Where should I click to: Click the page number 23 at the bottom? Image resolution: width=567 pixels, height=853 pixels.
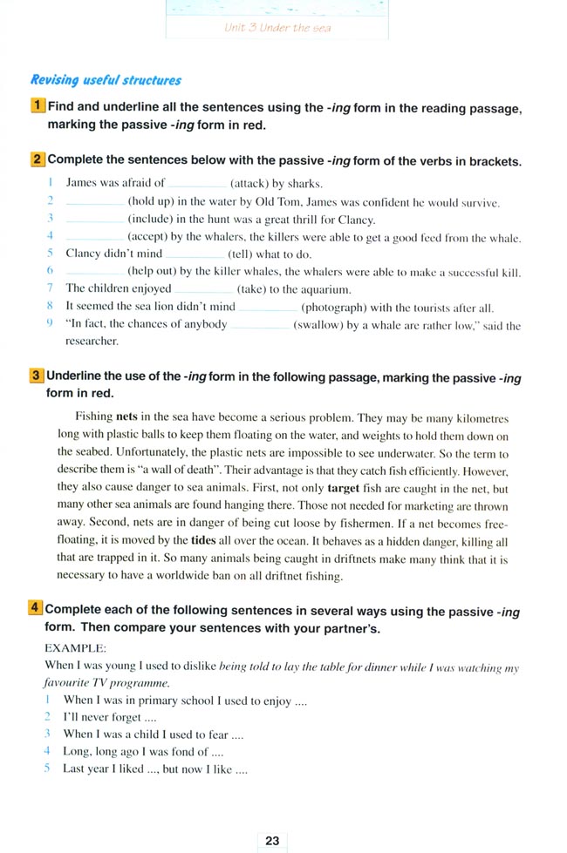(272, 840)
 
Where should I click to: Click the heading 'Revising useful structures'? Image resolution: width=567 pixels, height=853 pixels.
(106, 80)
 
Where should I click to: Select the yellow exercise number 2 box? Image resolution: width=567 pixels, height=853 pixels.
(38, 160)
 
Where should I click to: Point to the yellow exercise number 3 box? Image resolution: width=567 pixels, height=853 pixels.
(37, 376)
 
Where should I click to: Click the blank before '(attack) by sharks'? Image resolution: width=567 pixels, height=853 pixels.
(196, 184)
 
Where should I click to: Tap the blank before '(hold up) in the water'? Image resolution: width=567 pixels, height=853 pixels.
(95, 202)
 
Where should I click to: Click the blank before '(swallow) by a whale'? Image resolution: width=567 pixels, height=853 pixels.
(259, 325)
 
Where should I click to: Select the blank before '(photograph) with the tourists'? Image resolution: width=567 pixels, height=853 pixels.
(268, 307)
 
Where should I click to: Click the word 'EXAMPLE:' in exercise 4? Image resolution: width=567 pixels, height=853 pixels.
(75, 648)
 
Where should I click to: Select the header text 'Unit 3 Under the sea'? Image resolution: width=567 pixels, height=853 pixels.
(277, 27)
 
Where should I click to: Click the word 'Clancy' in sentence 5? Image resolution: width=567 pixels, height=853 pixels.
(84, 254)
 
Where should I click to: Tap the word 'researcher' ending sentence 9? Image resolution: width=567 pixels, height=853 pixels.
(92, 341)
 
